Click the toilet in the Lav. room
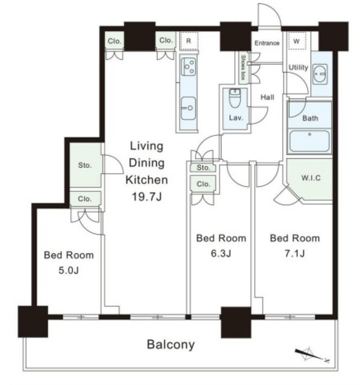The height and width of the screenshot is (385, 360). point(235,98)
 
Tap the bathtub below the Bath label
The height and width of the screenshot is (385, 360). point(309,141)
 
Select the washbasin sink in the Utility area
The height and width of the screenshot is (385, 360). point(320,74)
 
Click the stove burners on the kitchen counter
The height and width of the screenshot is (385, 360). point(188,66)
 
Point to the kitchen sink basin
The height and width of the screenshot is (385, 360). point(188,108)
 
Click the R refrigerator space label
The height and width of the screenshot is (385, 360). point(188,41)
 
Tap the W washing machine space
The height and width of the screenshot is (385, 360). point(297,42)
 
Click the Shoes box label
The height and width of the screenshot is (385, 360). point(243,67)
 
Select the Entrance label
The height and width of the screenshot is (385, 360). point(267,43)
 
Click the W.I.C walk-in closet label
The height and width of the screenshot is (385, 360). point(311,177)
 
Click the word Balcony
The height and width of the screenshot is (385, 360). point(171,345)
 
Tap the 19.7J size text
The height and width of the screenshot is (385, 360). point(147,197)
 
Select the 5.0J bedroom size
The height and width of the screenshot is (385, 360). point(69,270)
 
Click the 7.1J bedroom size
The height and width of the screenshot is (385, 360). point(294,253)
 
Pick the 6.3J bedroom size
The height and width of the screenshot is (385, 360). point(221,253)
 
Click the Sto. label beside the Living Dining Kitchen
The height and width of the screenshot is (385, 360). point(85,165)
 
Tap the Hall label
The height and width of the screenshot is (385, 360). point(267,97)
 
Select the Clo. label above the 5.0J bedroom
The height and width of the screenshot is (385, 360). point(85,199)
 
